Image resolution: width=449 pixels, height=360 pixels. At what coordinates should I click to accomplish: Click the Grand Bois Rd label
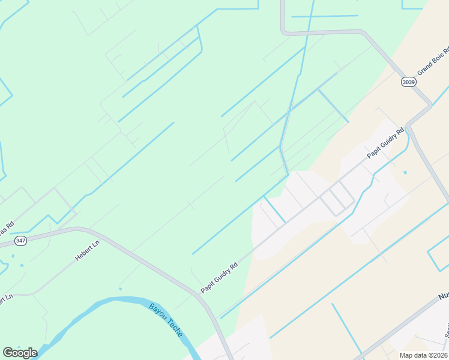coord(433,61)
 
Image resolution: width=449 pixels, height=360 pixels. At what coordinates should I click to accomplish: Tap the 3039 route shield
coord(409,82)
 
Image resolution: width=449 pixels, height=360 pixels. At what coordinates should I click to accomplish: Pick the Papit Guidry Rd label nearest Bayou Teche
coord(220,276)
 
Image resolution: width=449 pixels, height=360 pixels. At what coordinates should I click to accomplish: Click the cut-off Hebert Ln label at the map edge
coord(5,299)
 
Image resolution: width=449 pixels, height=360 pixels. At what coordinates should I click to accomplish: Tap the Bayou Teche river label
coord(166,320)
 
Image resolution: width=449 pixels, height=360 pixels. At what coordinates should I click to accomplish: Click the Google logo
coord(20,352)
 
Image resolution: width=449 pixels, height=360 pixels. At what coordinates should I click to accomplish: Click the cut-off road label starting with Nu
coord(443,296)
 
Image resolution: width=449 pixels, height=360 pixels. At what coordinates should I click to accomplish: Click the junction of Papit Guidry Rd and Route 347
coord(202,295)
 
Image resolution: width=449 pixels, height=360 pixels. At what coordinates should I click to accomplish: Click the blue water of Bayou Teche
coord(120,302)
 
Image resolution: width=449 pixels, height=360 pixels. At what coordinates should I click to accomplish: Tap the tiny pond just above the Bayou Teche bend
coord(120,289)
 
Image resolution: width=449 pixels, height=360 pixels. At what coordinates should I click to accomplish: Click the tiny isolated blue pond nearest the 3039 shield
coord(405,173)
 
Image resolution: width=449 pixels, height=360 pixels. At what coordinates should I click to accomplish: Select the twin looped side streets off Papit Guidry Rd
coord(337,198)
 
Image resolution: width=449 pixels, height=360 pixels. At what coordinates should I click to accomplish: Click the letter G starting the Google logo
coord(8,352)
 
